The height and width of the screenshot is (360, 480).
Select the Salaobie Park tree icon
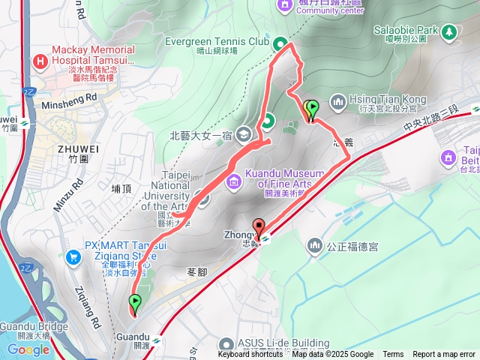[448, 31]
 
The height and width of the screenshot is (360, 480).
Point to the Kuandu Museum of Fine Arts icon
[233, 180]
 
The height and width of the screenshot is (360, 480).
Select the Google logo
[28, 349]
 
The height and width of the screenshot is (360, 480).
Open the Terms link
[393, 355]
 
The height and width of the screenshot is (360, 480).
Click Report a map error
[444, 355]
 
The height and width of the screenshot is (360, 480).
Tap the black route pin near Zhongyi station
[259, 226]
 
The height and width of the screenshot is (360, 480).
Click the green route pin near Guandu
[135, 304]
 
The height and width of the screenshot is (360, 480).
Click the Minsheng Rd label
[70, 97]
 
